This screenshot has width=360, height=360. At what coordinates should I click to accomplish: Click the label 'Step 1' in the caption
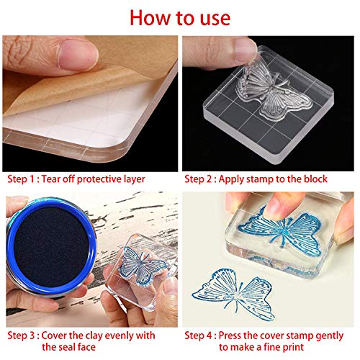click(x=23, y=179)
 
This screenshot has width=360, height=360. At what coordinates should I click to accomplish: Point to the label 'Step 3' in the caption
click(x=23, y=336)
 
